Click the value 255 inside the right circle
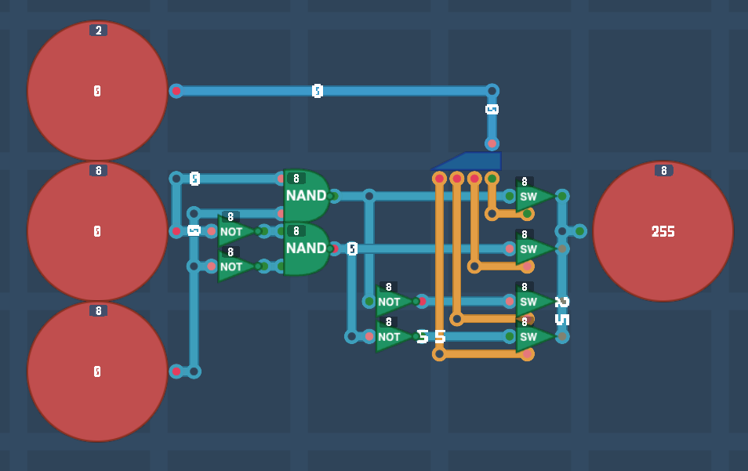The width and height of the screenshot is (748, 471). coord(663,231)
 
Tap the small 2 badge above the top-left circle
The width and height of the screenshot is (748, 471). coord(98,31)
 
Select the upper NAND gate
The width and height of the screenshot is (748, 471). coord(306,195)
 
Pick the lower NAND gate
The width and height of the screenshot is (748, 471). coord(306,248)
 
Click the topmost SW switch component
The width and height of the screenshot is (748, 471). coord(531,196)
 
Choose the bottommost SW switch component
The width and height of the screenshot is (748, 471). coord(531,337)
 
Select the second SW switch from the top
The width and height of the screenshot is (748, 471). coord(531,249)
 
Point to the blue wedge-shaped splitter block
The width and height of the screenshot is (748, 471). coord(469,161)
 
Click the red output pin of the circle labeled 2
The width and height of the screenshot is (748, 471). coord(176,91)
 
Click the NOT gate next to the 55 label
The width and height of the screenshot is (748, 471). coord(392,337)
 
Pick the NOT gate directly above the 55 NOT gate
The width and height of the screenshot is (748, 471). coord(392,301)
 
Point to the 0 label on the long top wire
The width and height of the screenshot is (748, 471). coord(318,91)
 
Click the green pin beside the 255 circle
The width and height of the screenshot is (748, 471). coord(579,231)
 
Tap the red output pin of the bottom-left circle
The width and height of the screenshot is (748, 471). coord(176,371)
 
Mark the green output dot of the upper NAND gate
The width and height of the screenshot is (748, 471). coord(332,196)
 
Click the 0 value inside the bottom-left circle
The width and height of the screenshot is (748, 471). coord(97,371)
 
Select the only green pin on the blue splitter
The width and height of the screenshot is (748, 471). coord(492,179)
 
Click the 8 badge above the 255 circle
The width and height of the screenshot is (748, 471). coord(663,171)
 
